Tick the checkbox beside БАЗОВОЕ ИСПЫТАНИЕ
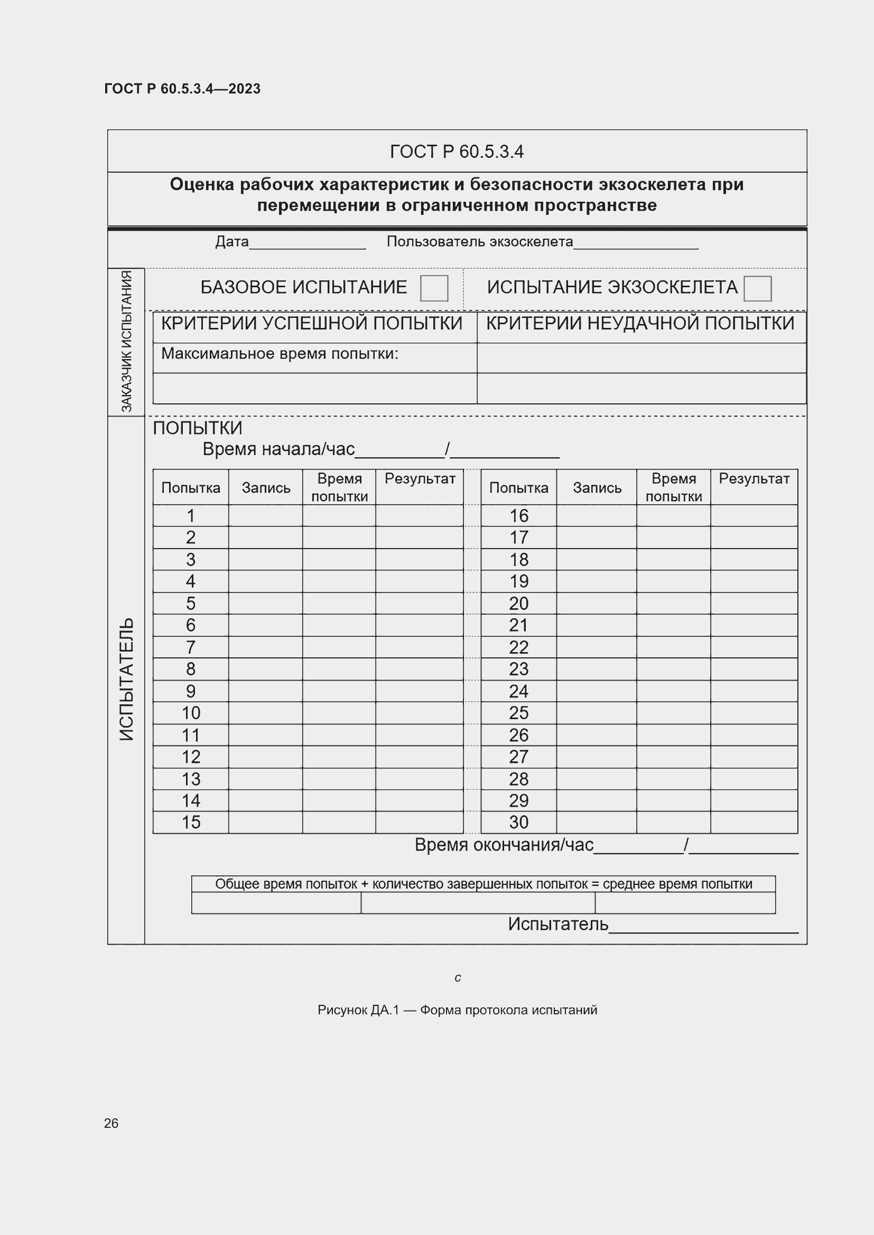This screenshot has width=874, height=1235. coord(434,288)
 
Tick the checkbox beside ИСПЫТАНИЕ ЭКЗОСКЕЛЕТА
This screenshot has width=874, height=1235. coord(757,288)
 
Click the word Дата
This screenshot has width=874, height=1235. coord(232,241)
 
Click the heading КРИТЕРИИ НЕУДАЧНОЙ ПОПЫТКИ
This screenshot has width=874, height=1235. coord(640,323)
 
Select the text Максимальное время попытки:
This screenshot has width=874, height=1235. coord(280,354)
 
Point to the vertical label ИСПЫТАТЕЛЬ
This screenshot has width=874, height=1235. coord(126,679)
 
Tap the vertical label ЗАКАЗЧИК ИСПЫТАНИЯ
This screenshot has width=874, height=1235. coord(126,341)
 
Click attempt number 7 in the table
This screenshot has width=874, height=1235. coord(191,647)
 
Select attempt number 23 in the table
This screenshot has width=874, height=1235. coord(518,669)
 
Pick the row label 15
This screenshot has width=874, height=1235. coord(191,823)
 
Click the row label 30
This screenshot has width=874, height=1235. coord(518,823)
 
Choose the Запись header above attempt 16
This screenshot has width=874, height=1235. coord(596,488)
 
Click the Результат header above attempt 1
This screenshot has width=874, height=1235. coord(419,479)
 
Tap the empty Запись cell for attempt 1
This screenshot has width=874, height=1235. coord(265,516)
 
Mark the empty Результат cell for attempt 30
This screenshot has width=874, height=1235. coord(754,823)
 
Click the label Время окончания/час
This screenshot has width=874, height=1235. coord(504,845)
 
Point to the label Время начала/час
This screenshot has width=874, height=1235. coord(278,449)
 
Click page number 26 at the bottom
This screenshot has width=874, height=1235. coord(111,1123)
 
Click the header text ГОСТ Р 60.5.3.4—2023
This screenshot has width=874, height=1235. coord(182,89)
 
